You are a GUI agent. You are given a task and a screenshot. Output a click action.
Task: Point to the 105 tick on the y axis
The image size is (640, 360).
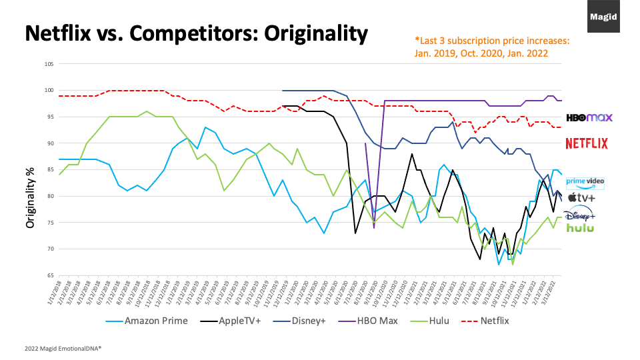(x=49, y=64)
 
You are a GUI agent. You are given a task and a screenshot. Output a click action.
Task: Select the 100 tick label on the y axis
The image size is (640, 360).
(x=49, y=91)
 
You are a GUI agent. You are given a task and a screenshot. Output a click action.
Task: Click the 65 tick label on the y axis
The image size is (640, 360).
(x=50, y=275)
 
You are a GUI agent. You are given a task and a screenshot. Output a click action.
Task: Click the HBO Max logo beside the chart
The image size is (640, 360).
(x=589, y=117)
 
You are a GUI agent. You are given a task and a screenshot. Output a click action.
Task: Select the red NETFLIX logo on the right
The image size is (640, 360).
(x=587, y=143)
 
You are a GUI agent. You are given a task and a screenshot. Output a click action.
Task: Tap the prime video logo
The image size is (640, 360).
(x=585, y=182)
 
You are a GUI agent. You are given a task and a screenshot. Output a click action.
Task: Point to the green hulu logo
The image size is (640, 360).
(x=580, y=228)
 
